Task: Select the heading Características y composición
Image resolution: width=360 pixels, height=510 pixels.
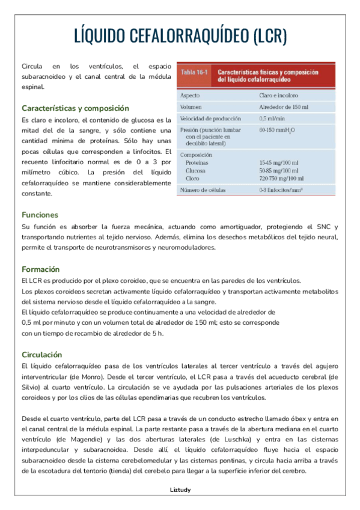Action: [x=75, y=108]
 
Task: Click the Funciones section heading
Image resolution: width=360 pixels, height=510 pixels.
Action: [x=40, y=215]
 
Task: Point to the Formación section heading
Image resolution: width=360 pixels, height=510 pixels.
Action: [x=40, y=269]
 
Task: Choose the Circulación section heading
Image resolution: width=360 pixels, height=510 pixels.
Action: [x=41, y=354]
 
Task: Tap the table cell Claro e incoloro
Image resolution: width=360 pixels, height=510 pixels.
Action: [x=279, y=95]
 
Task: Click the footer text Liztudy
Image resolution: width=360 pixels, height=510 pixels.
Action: [x=180, y=490]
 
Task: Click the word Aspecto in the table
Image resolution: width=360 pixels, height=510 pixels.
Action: [x=190, y=95]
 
